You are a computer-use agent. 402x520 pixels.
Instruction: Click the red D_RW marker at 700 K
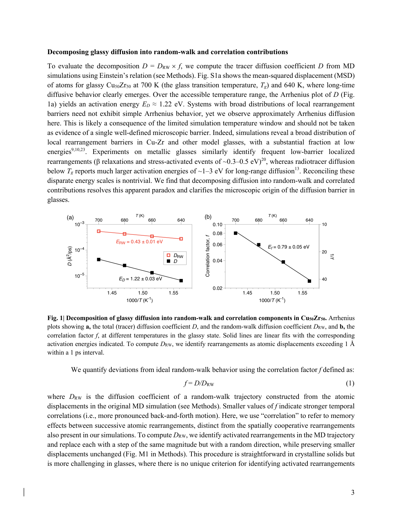[99, 231]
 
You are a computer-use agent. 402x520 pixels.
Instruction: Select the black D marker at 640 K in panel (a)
[181, 281]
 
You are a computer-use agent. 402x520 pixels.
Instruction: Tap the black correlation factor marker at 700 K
[235, 233]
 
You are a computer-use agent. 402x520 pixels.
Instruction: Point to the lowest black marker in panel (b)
[309, 281]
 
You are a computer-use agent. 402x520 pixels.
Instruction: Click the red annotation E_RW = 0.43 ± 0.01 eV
[139, 242]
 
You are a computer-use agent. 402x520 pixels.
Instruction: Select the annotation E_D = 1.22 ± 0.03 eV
[140, 279]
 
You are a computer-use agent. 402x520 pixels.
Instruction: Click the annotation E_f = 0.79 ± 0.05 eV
[288, 247]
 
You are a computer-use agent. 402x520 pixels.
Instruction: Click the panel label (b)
[208, 217]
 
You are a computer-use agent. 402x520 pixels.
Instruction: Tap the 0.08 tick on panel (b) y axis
[217, 233]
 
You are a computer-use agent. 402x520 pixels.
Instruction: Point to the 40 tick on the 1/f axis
[324, 279]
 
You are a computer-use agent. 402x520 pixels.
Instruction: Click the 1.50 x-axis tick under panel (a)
[143, 293]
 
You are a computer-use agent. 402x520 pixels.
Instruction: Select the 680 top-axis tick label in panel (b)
[258, 220]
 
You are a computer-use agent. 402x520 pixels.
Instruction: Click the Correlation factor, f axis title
[208, 256]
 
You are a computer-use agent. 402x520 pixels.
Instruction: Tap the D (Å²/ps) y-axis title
[70, 256]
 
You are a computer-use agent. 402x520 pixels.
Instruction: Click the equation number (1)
[350, 383]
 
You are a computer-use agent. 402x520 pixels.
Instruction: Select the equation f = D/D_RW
[199, 383]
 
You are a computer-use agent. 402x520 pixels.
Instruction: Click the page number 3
[353, 492]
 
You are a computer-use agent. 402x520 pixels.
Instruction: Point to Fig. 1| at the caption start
[56, 318]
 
